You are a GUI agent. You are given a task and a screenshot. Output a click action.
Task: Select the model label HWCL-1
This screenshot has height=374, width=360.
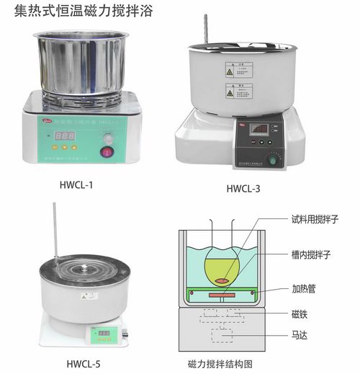click(76, 184)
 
